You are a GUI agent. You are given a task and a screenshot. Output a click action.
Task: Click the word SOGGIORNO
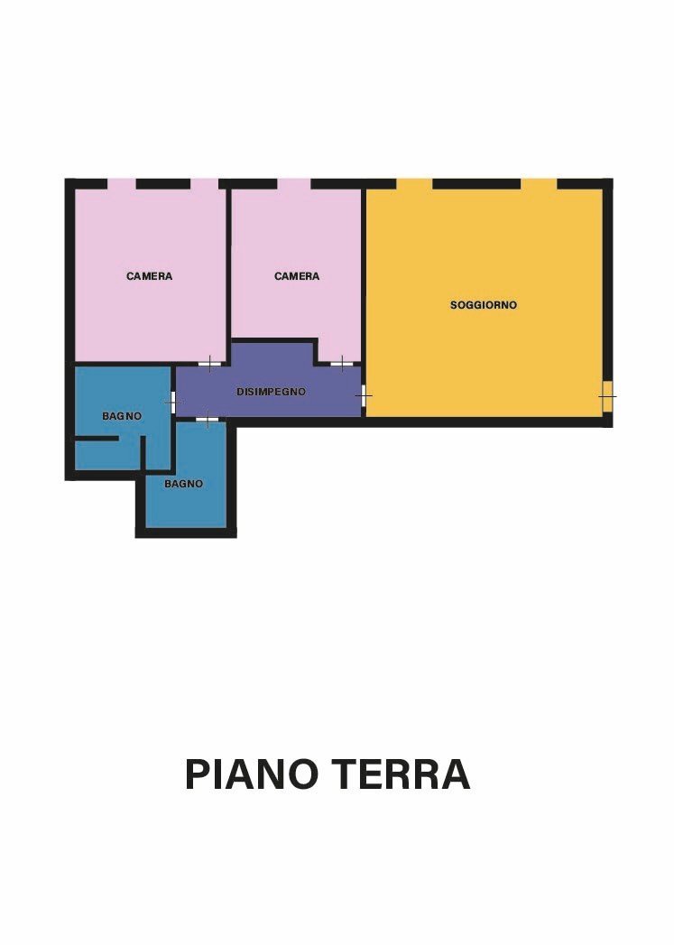[484, 305]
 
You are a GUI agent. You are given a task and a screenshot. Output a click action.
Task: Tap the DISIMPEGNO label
[271, 392]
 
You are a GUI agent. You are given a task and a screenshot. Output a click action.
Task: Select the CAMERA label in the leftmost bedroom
[149, 276]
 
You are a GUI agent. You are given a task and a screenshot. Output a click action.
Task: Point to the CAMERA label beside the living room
[297, 276]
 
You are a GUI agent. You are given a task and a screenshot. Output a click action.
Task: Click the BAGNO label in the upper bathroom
[122, 416]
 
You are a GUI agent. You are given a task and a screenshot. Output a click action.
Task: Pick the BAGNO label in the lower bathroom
[183, 484]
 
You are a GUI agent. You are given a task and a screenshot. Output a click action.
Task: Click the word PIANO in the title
[252, 774]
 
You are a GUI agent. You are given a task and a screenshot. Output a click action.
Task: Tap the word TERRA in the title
[401, 774]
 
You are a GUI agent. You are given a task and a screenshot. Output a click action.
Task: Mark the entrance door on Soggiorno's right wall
[607, 395]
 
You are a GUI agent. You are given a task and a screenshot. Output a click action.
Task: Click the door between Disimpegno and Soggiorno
[364, 395]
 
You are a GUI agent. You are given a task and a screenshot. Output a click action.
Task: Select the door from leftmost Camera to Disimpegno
[209, 364]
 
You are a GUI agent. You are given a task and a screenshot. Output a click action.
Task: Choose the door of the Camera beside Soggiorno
[341, 364]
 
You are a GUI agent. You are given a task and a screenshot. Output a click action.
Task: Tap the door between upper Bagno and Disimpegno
[173, 401]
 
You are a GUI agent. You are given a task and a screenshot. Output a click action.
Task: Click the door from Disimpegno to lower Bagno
[208, 419]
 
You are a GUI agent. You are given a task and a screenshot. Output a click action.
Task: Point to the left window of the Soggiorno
[414, 184]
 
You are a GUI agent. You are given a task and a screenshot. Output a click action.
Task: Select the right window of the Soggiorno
[539, 184]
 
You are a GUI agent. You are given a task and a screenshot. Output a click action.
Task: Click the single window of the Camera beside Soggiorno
[294, 184]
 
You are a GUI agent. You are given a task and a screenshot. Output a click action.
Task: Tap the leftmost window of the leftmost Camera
[122, 184]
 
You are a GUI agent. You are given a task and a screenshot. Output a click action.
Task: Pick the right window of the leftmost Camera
[204, 184]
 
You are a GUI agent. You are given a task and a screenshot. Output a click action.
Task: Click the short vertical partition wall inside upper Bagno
[143, 453]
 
